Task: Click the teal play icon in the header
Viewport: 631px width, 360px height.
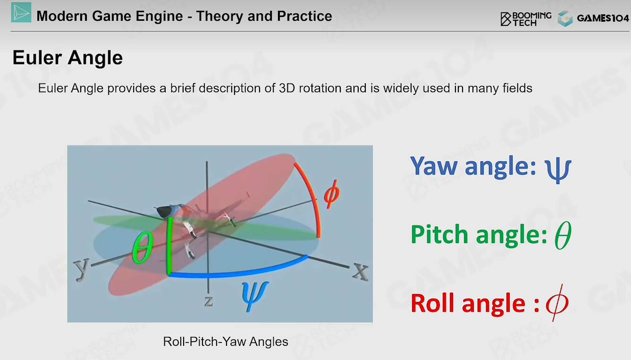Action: pos(21,12)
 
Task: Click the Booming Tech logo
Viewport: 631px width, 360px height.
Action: pos(526,19)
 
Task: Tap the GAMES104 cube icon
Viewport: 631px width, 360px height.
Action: pos(565,18)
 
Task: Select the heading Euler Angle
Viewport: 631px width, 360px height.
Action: pos(67,58)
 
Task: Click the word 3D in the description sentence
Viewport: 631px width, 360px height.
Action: pos(287,88)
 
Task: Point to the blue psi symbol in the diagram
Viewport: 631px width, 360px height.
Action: pos(255,296)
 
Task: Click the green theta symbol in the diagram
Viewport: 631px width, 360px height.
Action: pos(143,247)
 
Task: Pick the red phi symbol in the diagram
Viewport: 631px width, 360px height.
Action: pos(332,194)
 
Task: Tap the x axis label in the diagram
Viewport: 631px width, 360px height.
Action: pos(360,272)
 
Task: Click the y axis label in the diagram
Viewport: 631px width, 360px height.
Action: pos(82,269)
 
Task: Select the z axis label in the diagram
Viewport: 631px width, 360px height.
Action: pos(209,301)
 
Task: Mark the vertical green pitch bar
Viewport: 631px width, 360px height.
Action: pos(169,246)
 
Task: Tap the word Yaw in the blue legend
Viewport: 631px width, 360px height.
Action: pos(434,166)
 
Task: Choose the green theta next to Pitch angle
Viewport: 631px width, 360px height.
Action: pos(563,235)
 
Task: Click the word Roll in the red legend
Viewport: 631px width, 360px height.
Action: pos(433,303)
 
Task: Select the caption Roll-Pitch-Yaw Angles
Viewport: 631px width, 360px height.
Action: pos(226,342)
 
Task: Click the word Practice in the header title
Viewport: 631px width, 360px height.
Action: pos(304,16)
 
